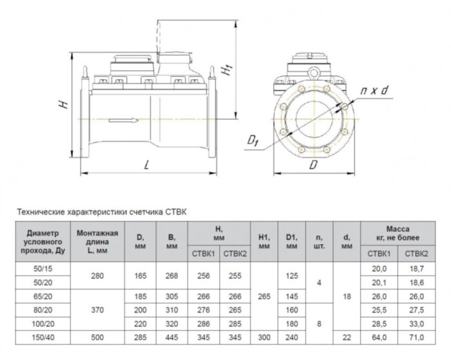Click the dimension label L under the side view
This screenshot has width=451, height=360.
tap(148, 166)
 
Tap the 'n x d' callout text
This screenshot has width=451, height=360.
tap(374, 91)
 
